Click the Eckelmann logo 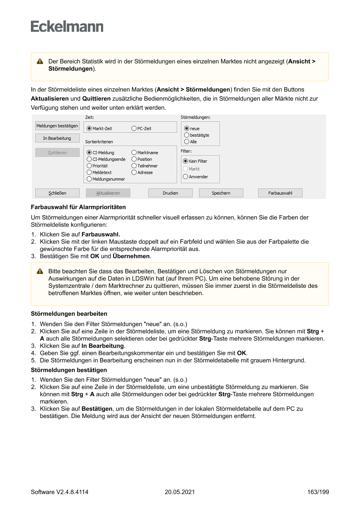(x=67, y=27)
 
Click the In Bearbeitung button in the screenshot (x=57, y=138)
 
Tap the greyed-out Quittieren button (x=57, y=153)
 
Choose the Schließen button (x=57, y=193)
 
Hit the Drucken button (x=170, y=193)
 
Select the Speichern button (x=221, y=193)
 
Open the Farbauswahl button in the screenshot (x=280, y=193)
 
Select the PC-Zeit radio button (x=134, y=129)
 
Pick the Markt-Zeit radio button (x=89, y=129)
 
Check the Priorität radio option (x=89, y=166)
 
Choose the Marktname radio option (x=134, y=153)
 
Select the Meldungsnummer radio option (x=89, y=179)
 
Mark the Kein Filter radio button (x=185, y=161)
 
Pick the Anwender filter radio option (x=185, y=177)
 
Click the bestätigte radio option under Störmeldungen (x=187, y=135)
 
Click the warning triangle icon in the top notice (x=40, y=62)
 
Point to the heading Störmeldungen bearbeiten (x=69, y=313)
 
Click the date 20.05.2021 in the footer (x=180, y=492)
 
